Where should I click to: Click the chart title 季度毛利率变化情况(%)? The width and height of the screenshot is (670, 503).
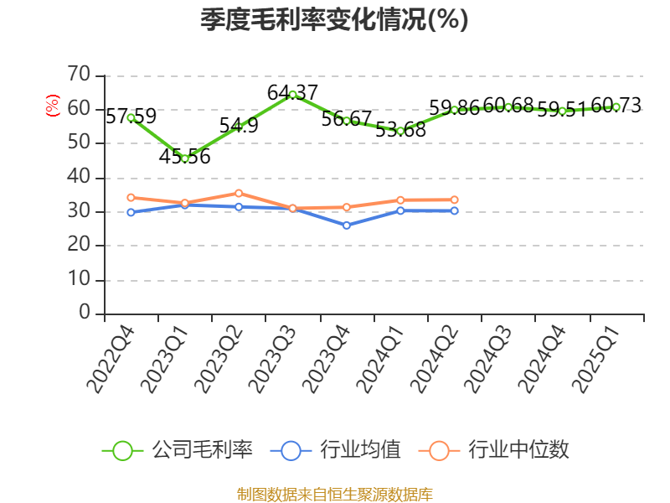pyautogui.click(x=334, y=19)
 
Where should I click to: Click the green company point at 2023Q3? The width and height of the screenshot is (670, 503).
pyautogui.click(x=292, y=95)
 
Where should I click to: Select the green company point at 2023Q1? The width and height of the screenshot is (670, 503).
pyautogui.click(x=185, y=158)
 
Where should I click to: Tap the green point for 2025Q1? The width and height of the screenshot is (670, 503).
pyautogui.click(x=616, y=106)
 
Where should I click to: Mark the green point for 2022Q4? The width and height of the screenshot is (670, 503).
pyautogui.click(x=131, y=117)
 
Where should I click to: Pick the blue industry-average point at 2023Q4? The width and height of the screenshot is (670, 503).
pyautogui.click(x=347, y=226)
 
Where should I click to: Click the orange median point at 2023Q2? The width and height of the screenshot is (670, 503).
pyautogui.click(x=239, y=193)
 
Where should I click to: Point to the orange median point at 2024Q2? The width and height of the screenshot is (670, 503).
pyautogui.click(x=455, y=200)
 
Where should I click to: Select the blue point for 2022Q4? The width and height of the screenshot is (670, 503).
pyautogui.click(x=131, y=212)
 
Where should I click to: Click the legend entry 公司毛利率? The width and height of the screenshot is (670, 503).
pyautogui.click(x=178, y=450)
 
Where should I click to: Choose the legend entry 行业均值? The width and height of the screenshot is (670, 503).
pyautogui.click(x=336, y=450)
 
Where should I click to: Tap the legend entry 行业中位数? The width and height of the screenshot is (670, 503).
pyautogui.click(x=499, y=450)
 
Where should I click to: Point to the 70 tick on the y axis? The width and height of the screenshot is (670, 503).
pyautogui.click(x=79, y=75)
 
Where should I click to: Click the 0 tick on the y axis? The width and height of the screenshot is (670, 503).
pyautogui.click(x=85, y=313)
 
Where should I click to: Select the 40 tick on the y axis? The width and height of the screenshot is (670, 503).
pyautogui.click(x=79, y=177)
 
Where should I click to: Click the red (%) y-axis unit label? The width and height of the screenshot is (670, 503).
pyautogui.click(x=53, y=106)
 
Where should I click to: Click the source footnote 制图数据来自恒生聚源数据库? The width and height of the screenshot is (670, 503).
pyautogui.click(x=334, y=494)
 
